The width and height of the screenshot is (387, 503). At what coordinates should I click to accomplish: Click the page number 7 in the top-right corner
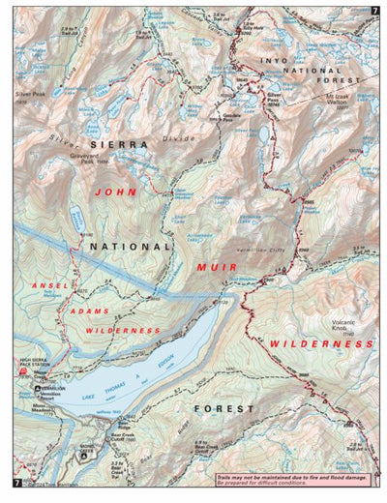(373, 11)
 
